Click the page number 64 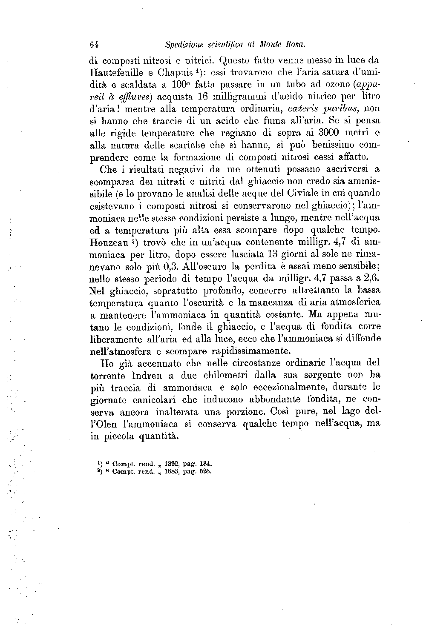point(95,44)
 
